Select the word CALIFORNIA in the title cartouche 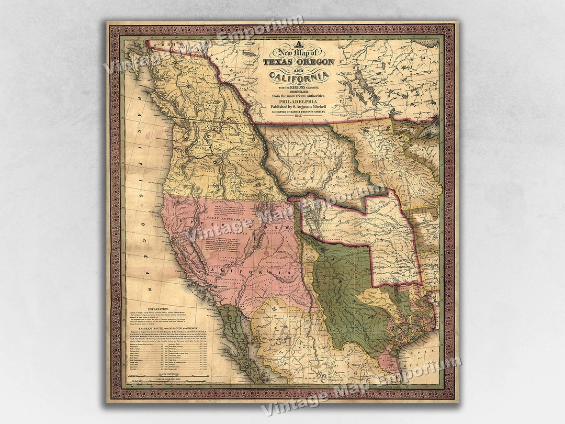tap(299, 77)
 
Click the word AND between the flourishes tap(299, 69)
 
